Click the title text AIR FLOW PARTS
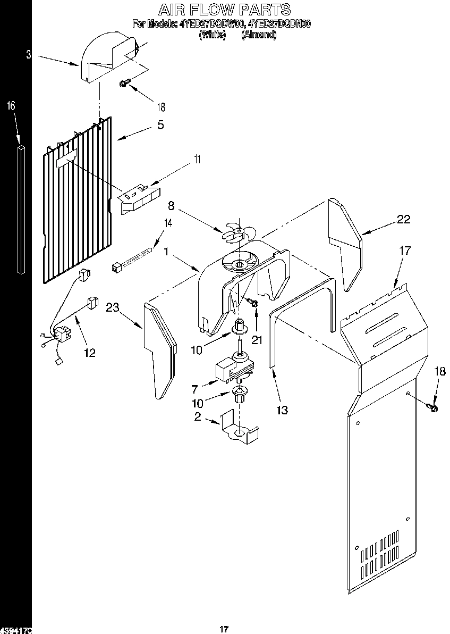[x=225, y=9]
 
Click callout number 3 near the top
[x=29, y=54]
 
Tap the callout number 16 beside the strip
[x=11, y=106]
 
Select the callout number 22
[x=404, y=219]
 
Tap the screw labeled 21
[x=253, y=303]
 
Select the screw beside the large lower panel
[x=432, y=408]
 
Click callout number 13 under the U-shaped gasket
[x=282, y=410]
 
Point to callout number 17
[x=405, y=250]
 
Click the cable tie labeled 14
[x=133, y=258]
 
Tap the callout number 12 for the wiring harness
[x=90, y=353]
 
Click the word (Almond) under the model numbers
[x=259, y=35]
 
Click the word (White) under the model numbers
[x=213, y=35]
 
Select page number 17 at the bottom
[x=224, y=629]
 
